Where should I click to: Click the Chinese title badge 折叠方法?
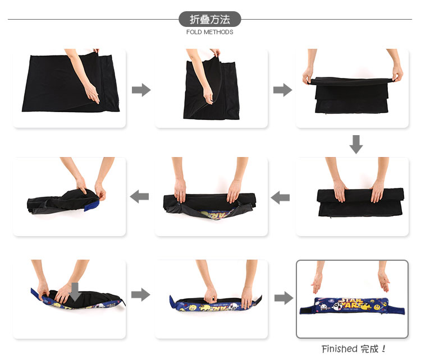[210, 19]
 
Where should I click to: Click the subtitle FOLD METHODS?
[210, 32]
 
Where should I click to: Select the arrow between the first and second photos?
[141, 90]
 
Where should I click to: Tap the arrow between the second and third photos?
[283, 90]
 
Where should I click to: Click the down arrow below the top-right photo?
[356, 144]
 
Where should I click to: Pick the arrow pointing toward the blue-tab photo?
[139, 197]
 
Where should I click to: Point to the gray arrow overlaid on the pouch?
[75, 292]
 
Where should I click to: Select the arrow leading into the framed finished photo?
[284, 298]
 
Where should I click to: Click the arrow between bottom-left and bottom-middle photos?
[141, 295]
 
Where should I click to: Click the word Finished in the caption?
[340, 349]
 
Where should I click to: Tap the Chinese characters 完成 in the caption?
[369, 349]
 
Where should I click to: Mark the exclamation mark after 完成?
[383, 349]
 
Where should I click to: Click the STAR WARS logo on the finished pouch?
[351, 303]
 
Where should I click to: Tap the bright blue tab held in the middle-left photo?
[93, 205]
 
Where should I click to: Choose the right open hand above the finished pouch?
[384, 281]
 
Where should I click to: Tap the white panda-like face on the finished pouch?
[324, 306]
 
